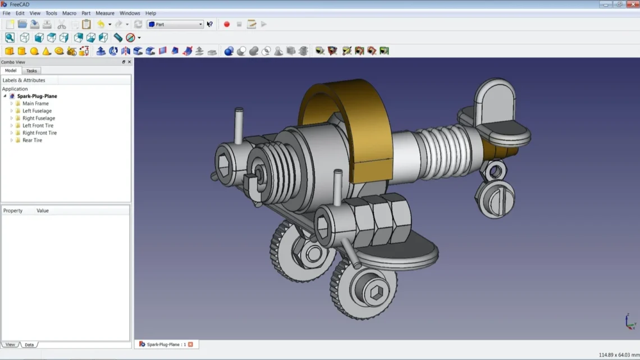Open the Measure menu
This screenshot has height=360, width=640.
tap(104, 13)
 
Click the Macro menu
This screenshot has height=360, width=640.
tap(69, 13)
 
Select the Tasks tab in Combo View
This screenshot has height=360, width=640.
tap(31, 71)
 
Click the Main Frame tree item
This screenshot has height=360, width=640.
tap(35, 103)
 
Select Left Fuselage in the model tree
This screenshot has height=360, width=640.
tap(36, 111)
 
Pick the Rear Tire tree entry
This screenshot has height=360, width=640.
tap(32, 140)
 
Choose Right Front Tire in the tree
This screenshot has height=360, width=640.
tap(39, 133)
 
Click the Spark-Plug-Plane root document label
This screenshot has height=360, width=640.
tap(37, 96)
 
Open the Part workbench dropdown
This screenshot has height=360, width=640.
tap(175, 24)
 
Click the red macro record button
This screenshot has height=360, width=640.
tap(227, 24)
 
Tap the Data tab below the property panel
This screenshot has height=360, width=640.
tap(29, 344)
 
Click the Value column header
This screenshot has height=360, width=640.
tap(43, 211)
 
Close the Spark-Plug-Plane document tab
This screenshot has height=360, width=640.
tap(190, 344)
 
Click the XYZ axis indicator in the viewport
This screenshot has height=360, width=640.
tap(630, 321)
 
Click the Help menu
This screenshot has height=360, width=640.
tap(150, 13)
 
